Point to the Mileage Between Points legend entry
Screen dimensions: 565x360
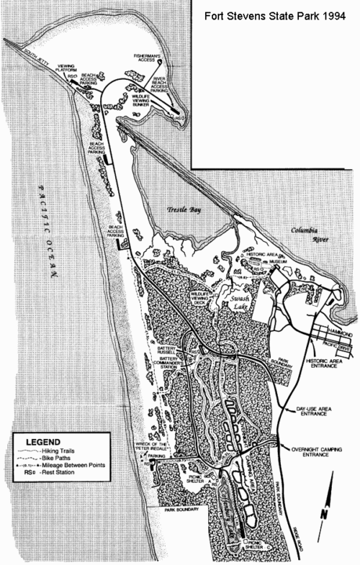click(x=72, y=465)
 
